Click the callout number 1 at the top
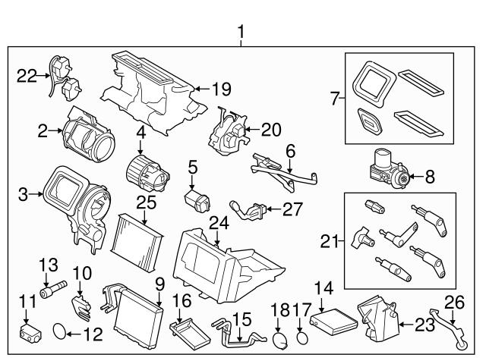(242, 33)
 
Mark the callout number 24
(219, 223)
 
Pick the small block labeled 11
(29, 331)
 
